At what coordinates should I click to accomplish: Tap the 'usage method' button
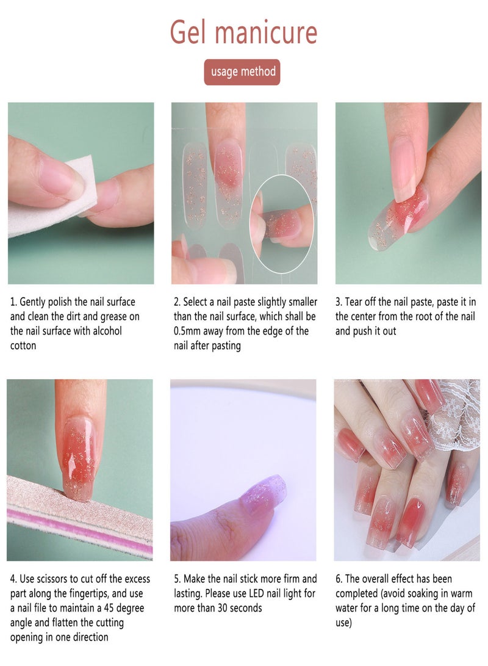242,72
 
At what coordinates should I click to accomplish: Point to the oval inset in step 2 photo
282,223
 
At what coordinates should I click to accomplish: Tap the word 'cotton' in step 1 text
23,346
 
